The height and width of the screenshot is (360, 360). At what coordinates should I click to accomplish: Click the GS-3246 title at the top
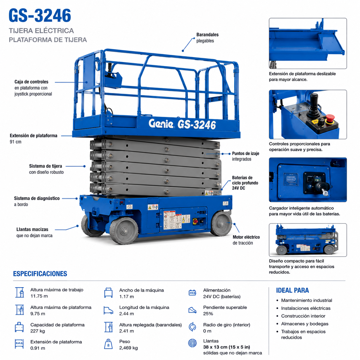(40, 15)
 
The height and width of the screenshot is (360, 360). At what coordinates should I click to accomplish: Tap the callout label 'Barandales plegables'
(207, 38)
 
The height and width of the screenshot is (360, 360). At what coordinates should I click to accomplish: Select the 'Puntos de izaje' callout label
(245, 156)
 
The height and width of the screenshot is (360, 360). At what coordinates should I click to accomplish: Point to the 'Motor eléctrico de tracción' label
(246, 240)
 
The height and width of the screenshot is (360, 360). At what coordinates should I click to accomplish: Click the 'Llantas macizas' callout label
(34, 233)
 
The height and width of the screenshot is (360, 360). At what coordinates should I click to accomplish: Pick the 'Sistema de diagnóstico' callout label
(37, 201)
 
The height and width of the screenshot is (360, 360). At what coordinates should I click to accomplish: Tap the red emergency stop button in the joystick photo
(330, 119)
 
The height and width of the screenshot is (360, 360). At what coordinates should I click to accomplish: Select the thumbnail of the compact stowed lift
(308, 240)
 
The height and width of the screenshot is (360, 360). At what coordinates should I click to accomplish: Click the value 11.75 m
(39, 296)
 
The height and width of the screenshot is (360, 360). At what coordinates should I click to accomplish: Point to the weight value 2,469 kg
(128, 348)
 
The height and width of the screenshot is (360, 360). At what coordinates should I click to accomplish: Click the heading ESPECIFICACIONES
(40, 274)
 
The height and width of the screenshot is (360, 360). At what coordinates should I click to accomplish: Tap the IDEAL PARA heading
(292, 290)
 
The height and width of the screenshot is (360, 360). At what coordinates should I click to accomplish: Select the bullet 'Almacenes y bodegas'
(305, 324)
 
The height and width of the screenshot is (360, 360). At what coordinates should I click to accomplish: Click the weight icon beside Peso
(108, 344)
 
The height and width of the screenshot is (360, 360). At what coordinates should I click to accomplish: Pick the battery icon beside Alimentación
(192, 293)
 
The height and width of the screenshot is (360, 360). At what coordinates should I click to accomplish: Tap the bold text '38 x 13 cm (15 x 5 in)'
(227, 347)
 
